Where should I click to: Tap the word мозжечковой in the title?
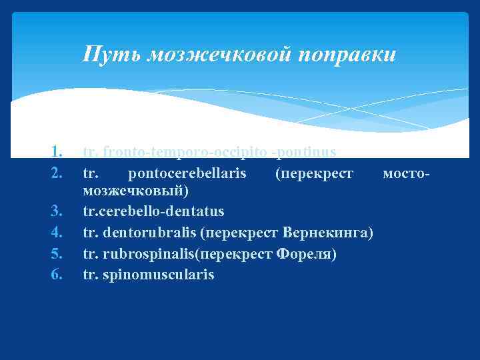[216, 55]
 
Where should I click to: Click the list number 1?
[57, 153]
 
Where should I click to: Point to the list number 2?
[57, 174]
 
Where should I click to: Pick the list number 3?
[57, 211]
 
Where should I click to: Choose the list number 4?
[57, 233]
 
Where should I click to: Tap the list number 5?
[57, 254]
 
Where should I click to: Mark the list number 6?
[57, 274]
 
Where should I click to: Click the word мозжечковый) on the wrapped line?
[136, 191]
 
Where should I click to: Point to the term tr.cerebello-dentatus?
[153, 211]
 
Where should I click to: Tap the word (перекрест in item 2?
[313, 174]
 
